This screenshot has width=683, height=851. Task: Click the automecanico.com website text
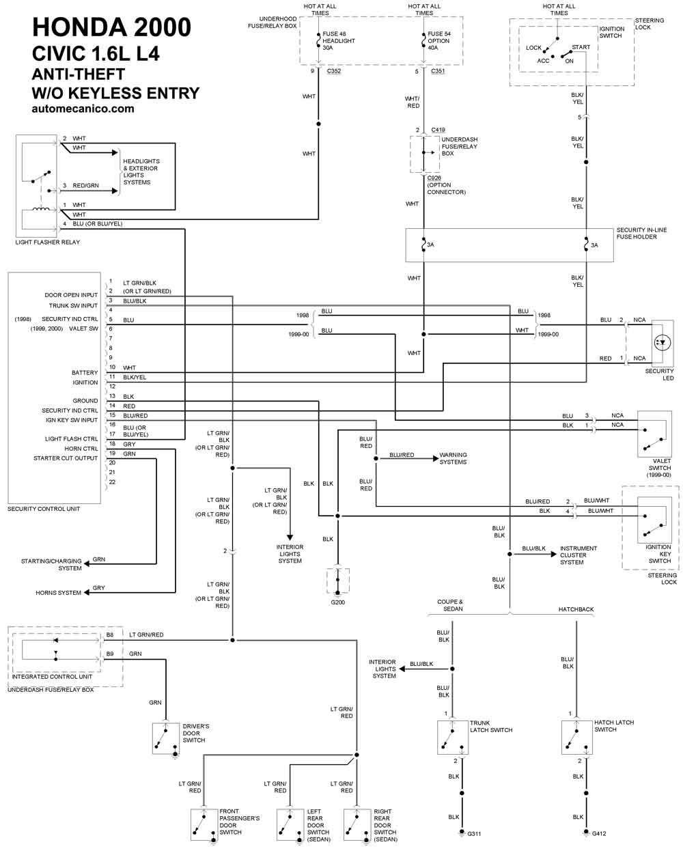coord(83,109)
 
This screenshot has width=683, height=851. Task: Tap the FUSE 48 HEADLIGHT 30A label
coord(338,41)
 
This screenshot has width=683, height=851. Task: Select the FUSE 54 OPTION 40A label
coord(439,41)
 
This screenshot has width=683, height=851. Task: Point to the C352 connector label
coord(334,71)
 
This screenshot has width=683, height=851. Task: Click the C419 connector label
coord(438,130)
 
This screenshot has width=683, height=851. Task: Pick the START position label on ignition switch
coord(581,48)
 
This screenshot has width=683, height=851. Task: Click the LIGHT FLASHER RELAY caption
coord(47,242)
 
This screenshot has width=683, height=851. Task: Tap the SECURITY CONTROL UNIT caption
coord(44,509)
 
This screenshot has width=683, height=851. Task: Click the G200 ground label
coord(337,602)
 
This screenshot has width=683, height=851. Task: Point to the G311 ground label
coord(474,833)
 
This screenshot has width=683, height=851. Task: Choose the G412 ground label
coord(598,833)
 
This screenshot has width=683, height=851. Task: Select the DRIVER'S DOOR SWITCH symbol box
coord(166,738)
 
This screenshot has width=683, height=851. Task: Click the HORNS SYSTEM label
coord(59,593)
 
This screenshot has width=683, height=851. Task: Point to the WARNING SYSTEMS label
coord(453,458)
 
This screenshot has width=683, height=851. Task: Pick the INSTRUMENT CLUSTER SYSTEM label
coord(578,555)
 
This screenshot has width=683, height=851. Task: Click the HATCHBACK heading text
coord(576,609)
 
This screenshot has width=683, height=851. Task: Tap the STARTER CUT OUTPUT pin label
coord(66,458)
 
